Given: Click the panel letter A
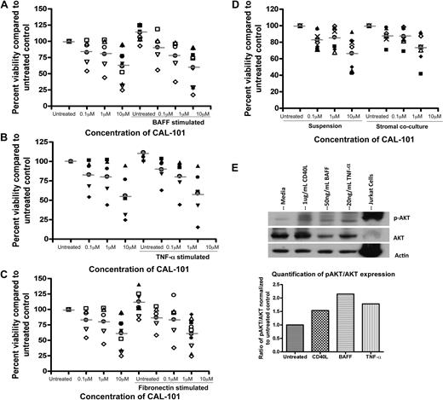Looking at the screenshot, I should [6, 6].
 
